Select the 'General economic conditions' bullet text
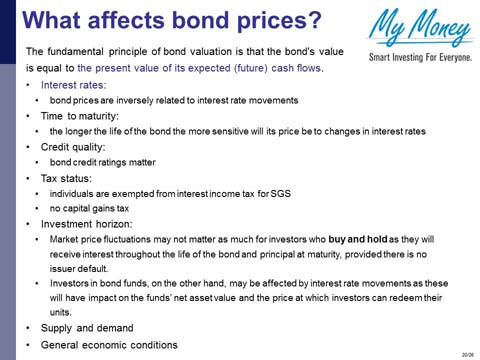coord(108,345)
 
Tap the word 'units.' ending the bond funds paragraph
coord(62,313)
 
